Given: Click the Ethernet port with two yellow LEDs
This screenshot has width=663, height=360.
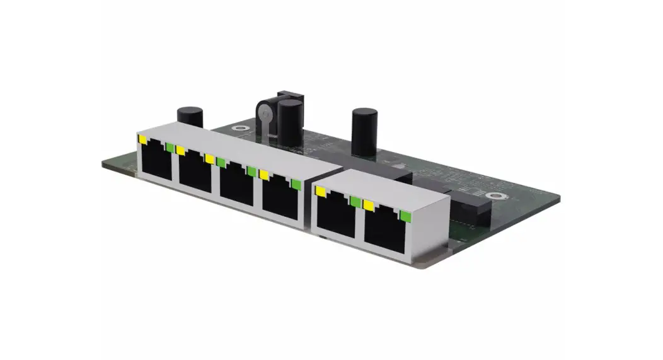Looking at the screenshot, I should point(195,172).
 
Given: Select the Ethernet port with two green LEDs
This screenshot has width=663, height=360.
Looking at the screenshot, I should point(237,183).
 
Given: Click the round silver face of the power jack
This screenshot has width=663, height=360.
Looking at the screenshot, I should point(265,115).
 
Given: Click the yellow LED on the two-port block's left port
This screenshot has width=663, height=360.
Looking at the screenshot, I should point(321,190).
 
